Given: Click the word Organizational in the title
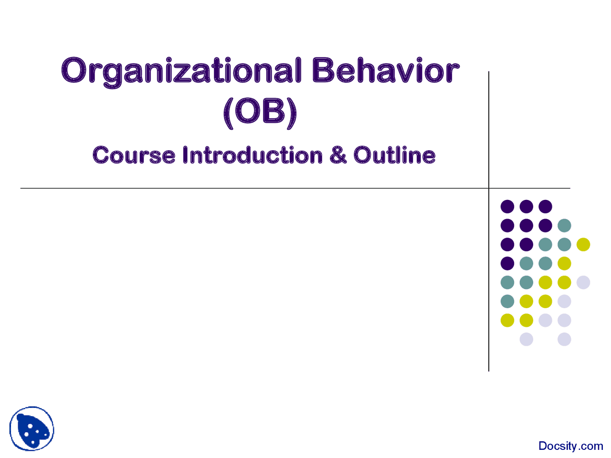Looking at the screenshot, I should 181,72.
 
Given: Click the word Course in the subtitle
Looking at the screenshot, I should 134,156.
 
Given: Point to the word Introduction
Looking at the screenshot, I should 253,156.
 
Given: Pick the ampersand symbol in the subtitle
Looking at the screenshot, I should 338,156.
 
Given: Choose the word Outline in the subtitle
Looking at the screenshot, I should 394,156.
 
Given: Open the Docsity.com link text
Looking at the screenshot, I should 570,446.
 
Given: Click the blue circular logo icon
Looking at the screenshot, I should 32,428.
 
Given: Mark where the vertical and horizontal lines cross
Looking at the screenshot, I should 489,188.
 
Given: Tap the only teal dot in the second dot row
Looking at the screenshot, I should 564,225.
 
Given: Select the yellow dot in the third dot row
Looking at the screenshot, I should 583,244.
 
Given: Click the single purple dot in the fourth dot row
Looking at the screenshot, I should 507,263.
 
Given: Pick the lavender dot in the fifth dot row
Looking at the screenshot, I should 583,282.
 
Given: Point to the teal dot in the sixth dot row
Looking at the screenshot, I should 507,302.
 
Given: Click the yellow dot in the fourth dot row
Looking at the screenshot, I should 564,263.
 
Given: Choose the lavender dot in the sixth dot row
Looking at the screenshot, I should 564,302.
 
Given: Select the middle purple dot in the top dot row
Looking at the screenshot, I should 527,207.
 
